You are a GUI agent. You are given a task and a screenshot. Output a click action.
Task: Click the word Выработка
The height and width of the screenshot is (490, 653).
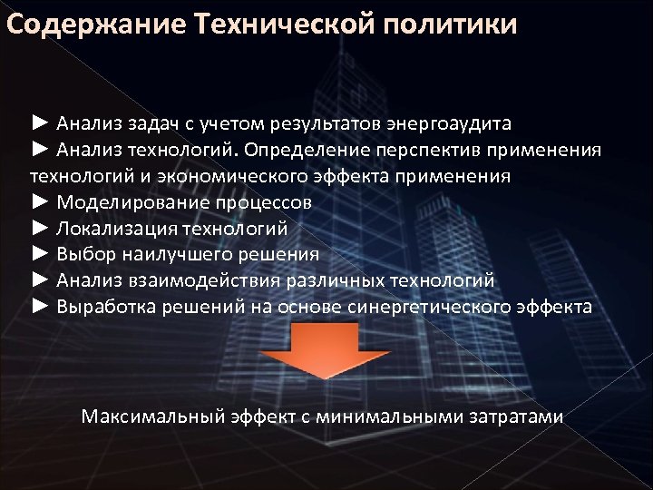click(x=107, y=307)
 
